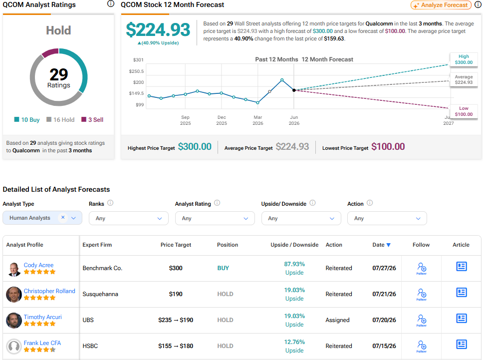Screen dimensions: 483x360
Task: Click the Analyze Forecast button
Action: coord(441,5)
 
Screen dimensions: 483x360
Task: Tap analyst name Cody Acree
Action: coord(38,265)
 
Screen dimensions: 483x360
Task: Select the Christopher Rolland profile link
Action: coord(49,291)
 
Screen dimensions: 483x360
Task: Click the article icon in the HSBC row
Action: coord(461,345)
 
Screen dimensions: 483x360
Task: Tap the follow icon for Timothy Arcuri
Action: coord(422,320)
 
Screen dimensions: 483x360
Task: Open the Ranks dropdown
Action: coord(128,218)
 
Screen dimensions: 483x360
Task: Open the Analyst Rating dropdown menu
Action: coord(215,218)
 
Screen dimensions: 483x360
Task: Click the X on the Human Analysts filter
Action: coord(63,217)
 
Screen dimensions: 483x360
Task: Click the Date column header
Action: coord(381,245)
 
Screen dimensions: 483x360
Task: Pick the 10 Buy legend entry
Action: coord(27,120)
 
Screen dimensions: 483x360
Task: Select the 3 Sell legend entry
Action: coord(92,120)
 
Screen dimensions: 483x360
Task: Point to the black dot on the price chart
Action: coord(294,90)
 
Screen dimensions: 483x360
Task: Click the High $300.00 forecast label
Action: coord(464,59)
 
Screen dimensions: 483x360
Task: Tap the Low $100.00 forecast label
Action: coord(464,111)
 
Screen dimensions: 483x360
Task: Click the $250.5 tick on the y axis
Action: coord(136,71)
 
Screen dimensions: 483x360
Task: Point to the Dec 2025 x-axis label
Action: coord(222,120)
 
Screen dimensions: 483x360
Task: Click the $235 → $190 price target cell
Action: coord(176,320)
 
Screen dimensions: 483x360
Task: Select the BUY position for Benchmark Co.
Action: coord(223,268)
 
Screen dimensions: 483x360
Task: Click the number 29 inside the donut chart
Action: coord(58,74)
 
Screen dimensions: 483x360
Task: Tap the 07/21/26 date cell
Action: coord(384,294)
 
